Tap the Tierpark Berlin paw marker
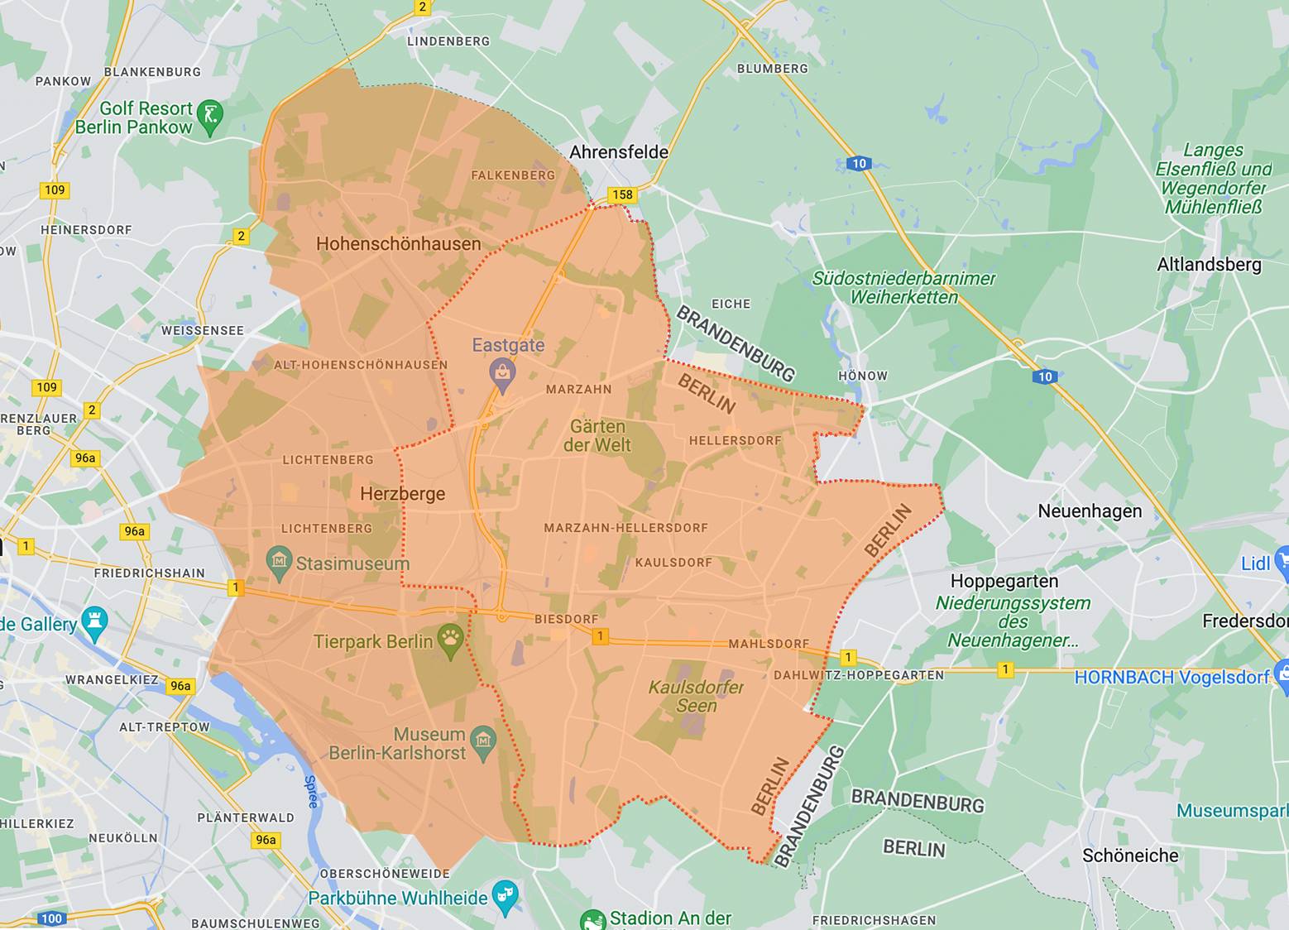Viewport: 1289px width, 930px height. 450,641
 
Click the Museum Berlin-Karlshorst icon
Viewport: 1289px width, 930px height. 482,740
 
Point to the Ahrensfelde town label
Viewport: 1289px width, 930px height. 619,152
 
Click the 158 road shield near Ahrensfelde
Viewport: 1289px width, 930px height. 621,195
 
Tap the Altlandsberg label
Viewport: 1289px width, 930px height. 1209,265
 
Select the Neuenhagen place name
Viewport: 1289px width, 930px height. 1090,511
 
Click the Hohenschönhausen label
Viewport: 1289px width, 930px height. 398,244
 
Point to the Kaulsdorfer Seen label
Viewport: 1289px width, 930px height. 696,697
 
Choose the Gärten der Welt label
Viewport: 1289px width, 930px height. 597,436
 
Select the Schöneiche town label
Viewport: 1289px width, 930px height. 1130,856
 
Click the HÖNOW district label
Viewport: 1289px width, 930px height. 862,376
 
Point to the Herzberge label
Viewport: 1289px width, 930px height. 402,494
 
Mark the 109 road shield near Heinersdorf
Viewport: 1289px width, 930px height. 55,190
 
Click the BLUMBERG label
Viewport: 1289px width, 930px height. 772,69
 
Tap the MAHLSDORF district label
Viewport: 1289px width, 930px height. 769,644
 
